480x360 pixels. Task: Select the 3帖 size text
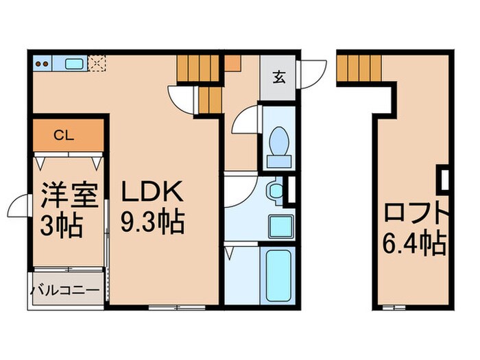pyautogui.click(x=62, y=226)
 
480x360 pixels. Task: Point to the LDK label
pyautogui.click(x=152, y=191)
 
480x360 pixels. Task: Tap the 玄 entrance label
pyautogui.click(x=279, y=76)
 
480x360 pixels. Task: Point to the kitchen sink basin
pyautogui.click(x=73, y=65)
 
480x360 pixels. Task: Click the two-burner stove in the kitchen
pyautogui.click(x=43, y=65)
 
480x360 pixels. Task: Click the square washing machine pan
pyautogui.click(x=278, y=226)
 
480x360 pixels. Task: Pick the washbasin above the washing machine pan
pyautogui.click(x=276, y=190)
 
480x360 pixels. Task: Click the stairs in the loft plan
pyautogui.click(x=359, y=67)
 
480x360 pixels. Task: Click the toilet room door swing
pyautogui.click(x=245, y=122)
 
